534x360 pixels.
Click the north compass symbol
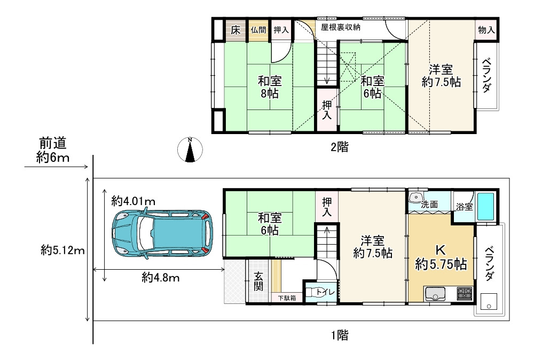(190, 150)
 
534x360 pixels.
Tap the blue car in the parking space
(162, 233)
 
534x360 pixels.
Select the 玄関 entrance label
(258, 281)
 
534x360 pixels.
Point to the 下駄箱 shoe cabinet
(287, 298)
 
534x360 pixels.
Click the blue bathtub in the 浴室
(485, 207)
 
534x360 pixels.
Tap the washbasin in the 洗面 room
(415, 198)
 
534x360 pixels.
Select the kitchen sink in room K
(435, 294)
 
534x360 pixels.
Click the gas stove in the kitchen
(464, 294)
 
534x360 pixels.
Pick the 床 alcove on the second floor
(235, 30)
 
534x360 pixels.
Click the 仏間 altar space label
(258, 30)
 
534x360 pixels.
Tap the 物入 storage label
(486, 30)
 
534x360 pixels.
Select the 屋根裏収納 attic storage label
(341, 27)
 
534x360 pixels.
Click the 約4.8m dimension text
(161, 278)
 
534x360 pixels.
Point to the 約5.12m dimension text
(62, 251)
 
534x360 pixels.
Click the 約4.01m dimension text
(133, 201)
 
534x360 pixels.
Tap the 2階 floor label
(340, 147)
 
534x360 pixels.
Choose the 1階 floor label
(340, 335)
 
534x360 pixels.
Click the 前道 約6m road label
(53, 150)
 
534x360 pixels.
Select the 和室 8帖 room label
(270, 87)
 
